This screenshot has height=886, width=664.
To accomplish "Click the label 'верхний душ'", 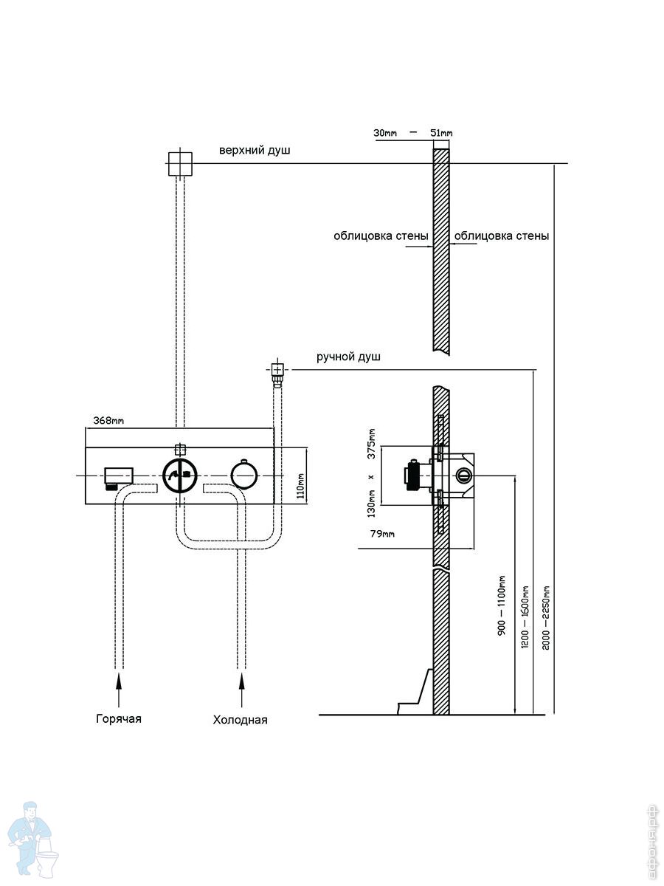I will pyautogui.click(x=255, y=151).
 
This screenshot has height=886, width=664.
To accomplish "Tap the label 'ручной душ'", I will pyautogui.click(x=349, y=357).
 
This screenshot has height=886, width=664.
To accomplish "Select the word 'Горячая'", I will pyautogui.click(x=118, y=718).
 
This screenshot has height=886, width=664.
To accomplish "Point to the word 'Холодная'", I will pyautogui.click(x=240, y=720).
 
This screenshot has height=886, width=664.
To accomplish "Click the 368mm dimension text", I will pyautogui.click(x=108, y=421).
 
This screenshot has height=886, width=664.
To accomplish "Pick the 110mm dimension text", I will pyautogui.click(x=300, y=487).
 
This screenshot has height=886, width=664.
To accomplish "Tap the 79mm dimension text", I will pyautogui.click(x=382, y=533).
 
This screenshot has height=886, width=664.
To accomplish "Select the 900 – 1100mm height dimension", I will pyautogui.click(x=502, y=606).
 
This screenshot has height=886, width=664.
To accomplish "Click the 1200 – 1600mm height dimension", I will pyautogui.click(x=525, y=617).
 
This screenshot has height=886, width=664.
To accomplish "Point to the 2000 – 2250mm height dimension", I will pyautogui.click(x=546, y=617).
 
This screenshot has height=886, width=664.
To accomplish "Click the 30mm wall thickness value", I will pyautogui.click(x=385, y=134).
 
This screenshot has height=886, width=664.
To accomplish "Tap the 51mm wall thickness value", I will pyautogui.click(x=441, y=134).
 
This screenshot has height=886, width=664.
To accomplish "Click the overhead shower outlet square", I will pyautogui.click(x=180, y=163).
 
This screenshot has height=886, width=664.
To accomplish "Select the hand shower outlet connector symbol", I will pyautogui.click(x=277, y=371).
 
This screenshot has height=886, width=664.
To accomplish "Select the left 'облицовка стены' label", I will pyautogui.click(x=381, y=237).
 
